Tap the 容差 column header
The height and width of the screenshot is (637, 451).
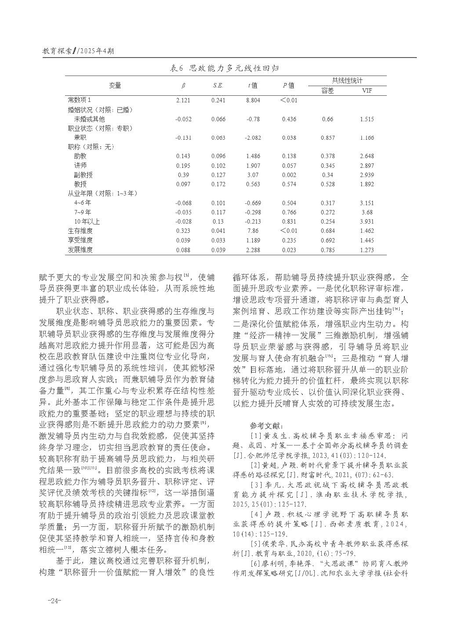[327, 91]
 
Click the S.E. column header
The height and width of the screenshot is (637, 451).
[218, 86]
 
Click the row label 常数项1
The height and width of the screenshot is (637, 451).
[80, 100]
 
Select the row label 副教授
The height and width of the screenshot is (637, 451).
[84, 175]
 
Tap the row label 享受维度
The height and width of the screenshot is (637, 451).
[80, 240]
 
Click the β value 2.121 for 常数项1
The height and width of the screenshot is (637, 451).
[183, 100]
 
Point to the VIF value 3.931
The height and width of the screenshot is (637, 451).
[367, 221]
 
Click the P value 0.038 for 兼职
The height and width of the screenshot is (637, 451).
[289, 138]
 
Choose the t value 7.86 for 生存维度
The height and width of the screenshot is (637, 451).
[253, 231]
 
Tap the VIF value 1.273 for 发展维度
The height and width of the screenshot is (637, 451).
[367, 250]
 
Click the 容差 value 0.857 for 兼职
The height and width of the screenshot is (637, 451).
[327, 138]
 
